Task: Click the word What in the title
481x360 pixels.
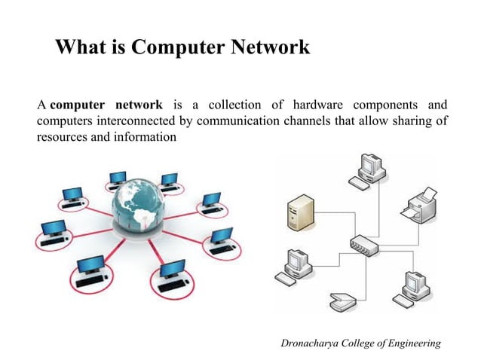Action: (x=81, y=48)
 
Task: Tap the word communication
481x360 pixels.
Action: (x=226, y=121)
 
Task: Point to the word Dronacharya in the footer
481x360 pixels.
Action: (x=311, y=343)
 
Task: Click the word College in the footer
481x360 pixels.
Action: (x=361, y=343)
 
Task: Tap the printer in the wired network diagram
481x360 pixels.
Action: (x=419, y=206)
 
